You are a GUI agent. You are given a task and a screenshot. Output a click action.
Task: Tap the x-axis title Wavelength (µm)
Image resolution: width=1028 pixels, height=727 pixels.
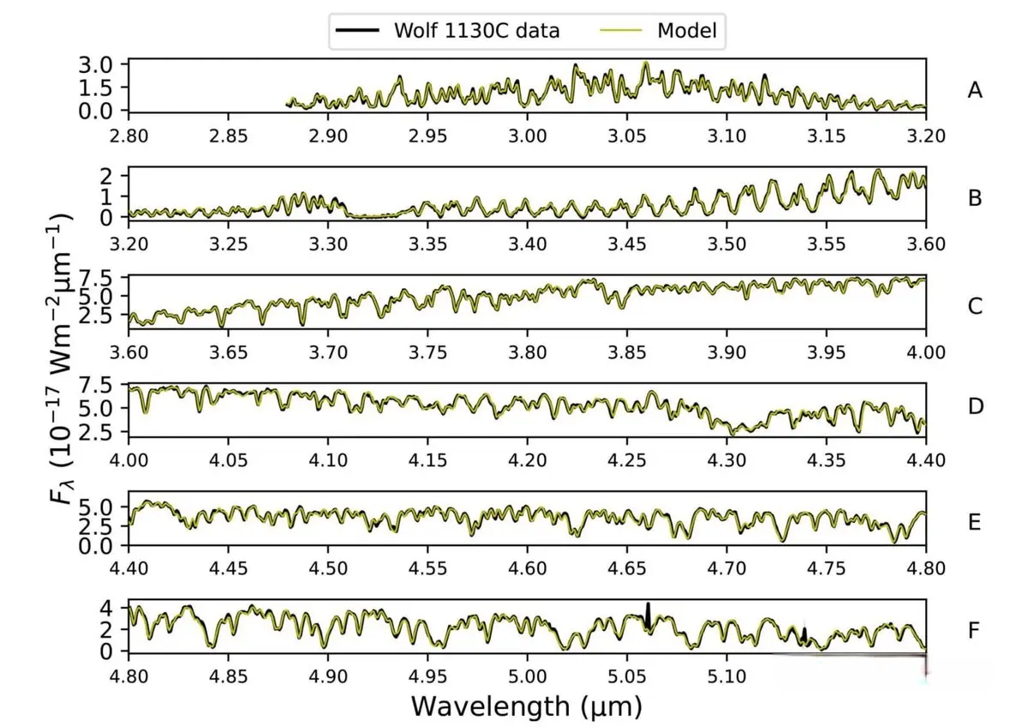(x=527, y=706)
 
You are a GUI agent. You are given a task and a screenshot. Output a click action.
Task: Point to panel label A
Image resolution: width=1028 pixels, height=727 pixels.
(x=974, y=89)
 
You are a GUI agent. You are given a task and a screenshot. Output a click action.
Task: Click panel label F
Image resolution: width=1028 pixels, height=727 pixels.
(x=974, y=631)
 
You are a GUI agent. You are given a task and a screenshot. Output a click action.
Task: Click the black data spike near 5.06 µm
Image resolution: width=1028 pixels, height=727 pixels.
(x=648, y=614)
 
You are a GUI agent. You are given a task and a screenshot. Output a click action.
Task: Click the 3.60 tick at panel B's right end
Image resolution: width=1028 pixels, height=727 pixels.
(x=925, y=243)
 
